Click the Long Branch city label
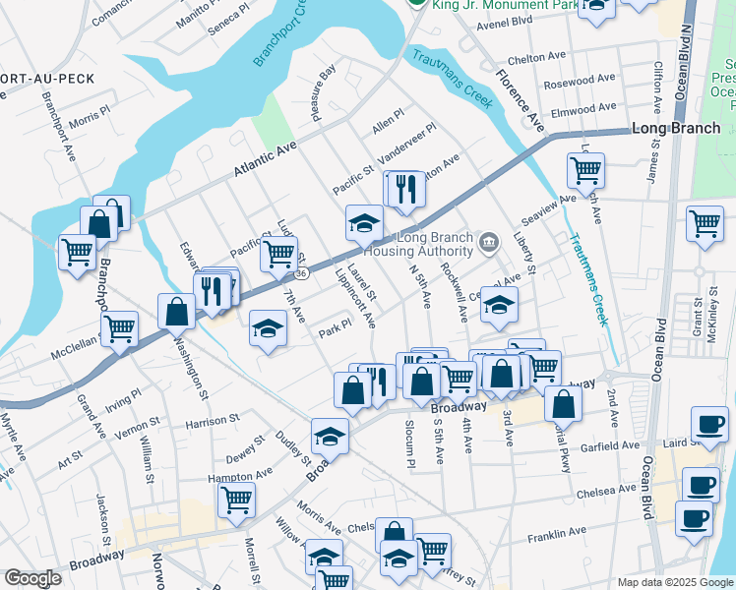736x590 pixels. point(674,129)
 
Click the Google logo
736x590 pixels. point(32,578)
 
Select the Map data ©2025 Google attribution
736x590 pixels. point(675,582)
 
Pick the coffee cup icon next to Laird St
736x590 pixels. point(709,425)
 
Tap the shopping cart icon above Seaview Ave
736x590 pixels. point(586,171)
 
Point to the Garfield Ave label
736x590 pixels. point(610,445)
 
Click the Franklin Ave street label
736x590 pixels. point(557,534)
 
